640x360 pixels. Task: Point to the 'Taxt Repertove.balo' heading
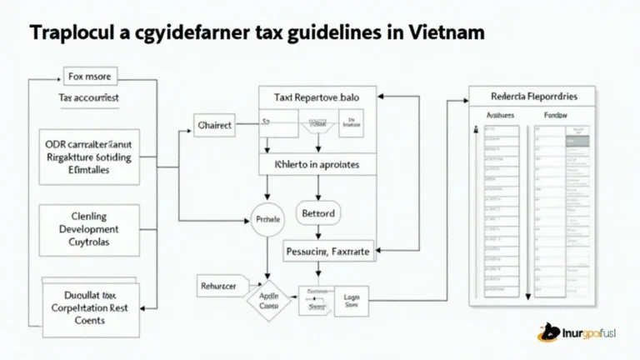(317, 98)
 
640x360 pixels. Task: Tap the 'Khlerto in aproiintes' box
(317, 165)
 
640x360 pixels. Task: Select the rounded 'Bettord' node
(317, 214)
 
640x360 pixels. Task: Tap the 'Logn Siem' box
(351, 301)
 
